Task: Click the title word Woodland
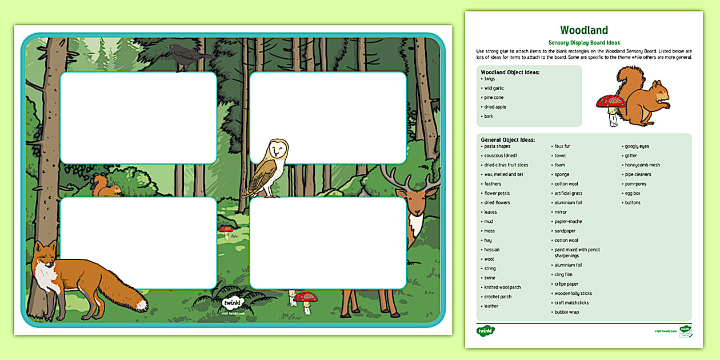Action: (583, 30)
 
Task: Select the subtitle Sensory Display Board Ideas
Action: (583, 43)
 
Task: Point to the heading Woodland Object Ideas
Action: (510, 73)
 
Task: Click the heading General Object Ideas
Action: (507, 139)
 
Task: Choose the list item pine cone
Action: (494, 98)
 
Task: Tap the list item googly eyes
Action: (637, 146)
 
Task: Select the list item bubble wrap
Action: (566, 312)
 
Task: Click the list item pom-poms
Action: (635, 184)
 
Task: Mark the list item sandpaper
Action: (566, 231)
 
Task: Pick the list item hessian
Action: (491, 250)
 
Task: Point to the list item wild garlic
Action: (494, 88)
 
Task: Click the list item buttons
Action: (633, 203)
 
